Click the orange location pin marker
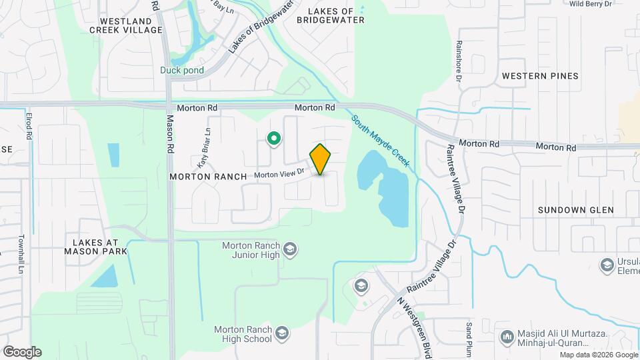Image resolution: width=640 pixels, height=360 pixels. [321, 159]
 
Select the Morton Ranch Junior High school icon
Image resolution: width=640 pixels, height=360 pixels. [290, 250]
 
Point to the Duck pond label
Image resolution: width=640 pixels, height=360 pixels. [181, 70]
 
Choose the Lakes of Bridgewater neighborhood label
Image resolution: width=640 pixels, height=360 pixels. [335, 15]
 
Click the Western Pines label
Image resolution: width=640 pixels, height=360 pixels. [540, 76]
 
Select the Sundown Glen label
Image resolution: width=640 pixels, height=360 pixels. [575, 210]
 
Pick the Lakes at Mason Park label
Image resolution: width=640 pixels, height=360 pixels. [91, 246]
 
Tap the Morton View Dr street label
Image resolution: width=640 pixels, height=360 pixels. [279, 173]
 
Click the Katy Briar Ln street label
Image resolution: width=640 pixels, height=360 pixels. [203, 147]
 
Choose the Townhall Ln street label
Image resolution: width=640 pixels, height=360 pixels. [22, 255]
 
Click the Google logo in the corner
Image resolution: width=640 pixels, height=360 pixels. [22, 352]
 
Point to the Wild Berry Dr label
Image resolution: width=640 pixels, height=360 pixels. [591, 3]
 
